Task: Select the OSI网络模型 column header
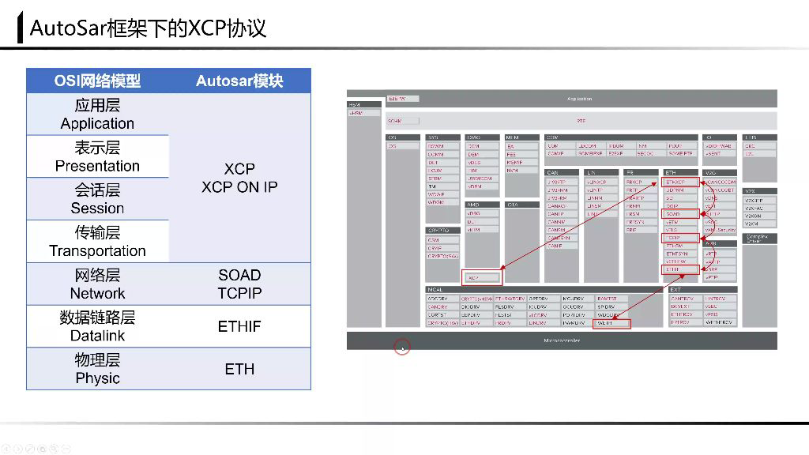pyautogui.click(x=97, y=81)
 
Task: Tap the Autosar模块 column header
pyautogui.click(x=239, y=81)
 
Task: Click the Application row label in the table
pyautogui.click(x=97, y=123)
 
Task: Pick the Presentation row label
pyautogui.click(x=97, y=166)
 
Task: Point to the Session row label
pyautogui.click(x=97, y=209)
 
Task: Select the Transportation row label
pyautogui.click(x=97, y=251)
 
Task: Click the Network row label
pyautogui.click(x=97, y=293)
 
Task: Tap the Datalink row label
pyautogui.click(x=97, y=336)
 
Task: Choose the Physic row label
pyautogui.click(x=97, y=378)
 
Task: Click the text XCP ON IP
pyautogui.click(x=239, y=187)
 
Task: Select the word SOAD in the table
pyautogui.click(x=239, y=275)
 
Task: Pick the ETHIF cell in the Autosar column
pyautogui.click(x=239, y=326)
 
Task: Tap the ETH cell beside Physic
pyautogui.click(x=239, y=369)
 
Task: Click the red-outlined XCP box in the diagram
pyautogui.click(x=481, y=278)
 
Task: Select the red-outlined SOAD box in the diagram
pyautogui.click(x=681, y=214)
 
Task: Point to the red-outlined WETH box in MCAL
pyautogui.click(x=612, y=323)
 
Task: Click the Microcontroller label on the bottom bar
pyautogui.click(x=562, y=340)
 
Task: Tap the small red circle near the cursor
pyautogui.click(x=402, y=348)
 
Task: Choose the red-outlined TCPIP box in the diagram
pyautogui.click(x=681, y=238)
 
